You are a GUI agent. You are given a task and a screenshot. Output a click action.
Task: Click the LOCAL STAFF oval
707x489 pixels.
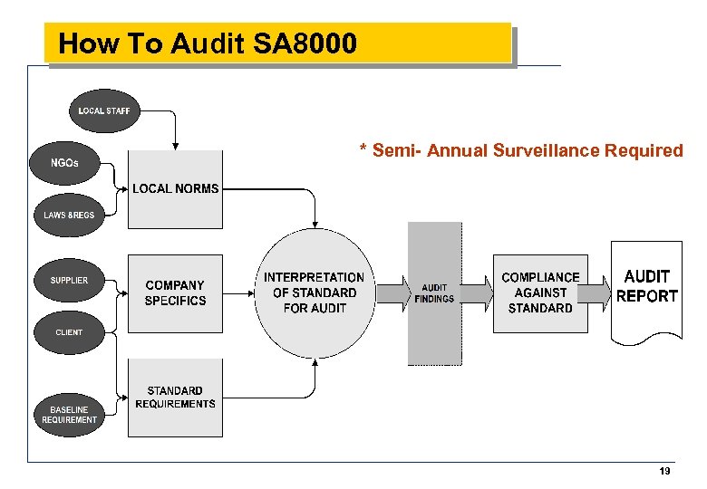(x=104, y=111)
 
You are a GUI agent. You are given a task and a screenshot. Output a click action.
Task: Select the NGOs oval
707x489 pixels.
(x=66, y=163)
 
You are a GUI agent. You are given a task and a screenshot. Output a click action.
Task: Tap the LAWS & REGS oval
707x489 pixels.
(x=69, y=215)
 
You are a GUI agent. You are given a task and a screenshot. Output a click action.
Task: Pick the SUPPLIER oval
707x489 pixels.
(x=69, y=280)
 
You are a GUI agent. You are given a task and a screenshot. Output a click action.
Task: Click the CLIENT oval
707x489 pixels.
(x=69, y=332)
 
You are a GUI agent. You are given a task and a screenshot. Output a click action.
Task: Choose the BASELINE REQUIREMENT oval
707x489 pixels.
(x=69, y=415)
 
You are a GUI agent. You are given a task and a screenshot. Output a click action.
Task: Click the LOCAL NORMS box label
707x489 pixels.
(x=175, y=188)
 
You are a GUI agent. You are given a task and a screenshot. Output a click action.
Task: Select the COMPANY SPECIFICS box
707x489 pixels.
(x=175, y=292)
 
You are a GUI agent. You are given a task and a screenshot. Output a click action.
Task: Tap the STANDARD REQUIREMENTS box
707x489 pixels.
(x=175, y=398)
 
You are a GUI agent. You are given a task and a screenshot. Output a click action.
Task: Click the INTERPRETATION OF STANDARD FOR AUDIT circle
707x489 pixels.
(x=314, y=292)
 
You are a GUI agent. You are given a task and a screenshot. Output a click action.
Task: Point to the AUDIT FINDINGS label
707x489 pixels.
(x=434, y=293)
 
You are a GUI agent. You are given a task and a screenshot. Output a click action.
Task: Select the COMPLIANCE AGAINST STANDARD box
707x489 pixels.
(x=540, y=292)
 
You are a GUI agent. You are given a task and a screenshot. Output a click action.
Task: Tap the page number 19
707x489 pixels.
(x=665, y=471)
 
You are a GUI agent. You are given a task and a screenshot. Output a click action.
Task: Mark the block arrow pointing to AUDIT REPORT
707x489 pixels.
(x=595, y=292)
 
